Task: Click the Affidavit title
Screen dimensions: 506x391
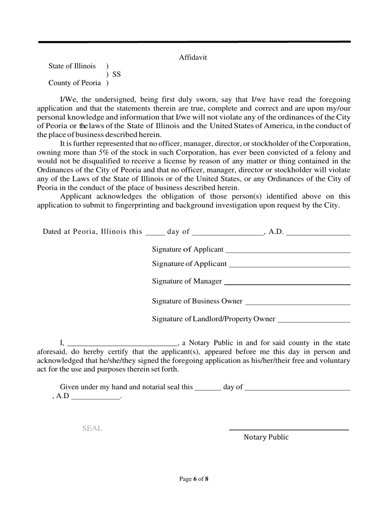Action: tap(193, 58)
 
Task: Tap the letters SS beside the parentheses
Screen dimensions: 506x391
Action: tap(116, 74)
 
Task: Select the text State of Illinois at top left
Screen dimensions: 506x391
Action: tap(72, 66)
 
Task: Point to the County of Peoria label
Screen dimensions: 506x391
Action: tap(74, 83)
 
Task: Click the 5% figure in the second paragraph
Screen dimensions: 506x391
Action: tap(103, 152)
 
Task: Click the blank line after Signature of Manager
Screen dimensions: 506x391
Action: tap(287, 284)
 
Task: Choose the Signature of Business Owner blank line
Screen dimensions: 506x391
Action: tap(298, 304)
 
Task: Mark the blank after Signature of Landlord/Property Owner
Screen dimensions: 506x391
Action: tap(314, 321)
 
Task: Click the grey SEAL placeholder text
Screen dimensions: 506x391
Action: tap(92, 428)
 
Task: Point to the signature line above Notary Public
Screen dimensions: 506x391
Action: tap(289, 430)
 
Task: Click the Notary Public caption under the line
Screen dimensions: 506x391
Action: tap(266, 437)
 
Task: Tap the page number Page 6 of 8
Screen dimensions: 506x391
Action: tap(194, 479)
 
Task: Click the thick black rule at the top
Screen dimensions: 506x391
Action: tap(194, 42)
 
